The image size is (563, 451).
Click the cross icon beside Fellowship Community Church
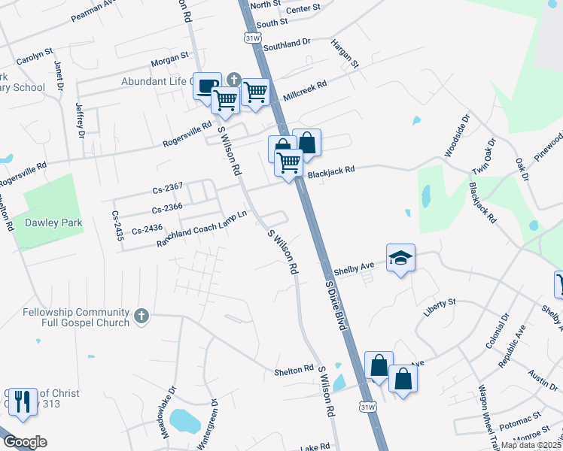tap(142, 317)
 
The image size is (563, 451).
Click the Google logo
tap(24, 441)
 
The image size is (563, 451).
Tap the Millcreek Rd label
tap(304, 91)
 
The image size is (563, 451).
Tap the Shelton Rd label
tap(294, 370)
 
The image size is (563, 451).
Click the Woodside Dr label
tap(456, 136)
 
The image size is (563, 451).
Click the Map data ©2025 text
tap(531, 445)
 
